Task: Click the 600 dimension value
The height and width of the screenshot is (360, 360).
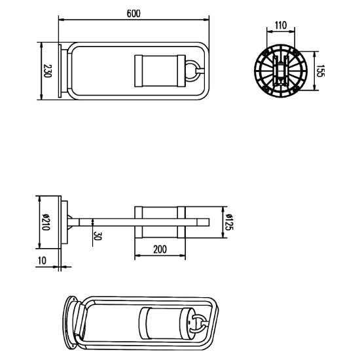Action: click(x=134, y=14)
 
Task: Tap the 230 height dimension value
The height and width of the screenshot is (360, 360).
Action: click(x=48, y=71)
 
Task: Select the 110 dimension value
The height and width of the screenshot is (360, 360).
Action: click(x=281, y=26)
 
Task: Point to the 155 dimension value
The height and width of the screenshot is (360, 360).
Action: click(x=320, y=71)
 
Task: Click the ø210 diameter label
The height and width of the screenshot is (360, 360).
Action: click(x=46, y=222)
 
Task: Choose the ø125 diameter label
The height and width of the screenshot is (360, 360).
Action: click(x=229, y=222)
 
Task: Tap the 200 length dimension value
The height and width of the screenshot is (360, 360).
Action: click(x=160, y=249)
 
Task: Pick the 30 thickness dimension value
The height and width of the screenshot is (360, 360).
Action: click(x=98, y=236)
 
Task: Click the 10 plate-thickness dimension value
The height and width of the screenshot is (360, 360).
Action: click(x=43, y=261)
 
